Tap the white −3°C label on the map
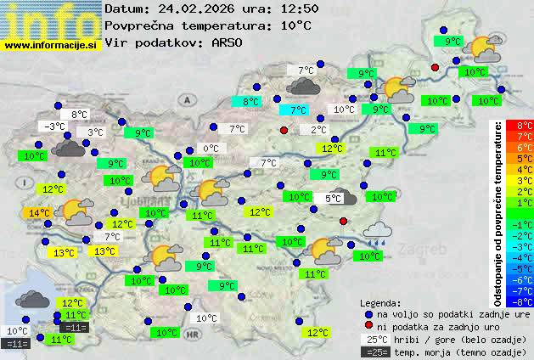(55, 127)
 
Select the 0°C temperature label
(210, 149)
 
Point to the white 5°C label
(333, 198)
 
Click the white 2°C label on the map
(318, 130)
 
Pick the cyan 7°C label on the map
(298, 110)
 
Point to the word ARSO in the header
(229, 42)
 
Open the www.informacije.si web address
(51, 45)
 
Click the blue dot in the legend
(368, 313)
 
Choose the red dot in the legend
(368, 326)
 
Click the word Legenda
(380, 302)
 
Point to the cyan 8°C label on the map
(251, 102)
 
